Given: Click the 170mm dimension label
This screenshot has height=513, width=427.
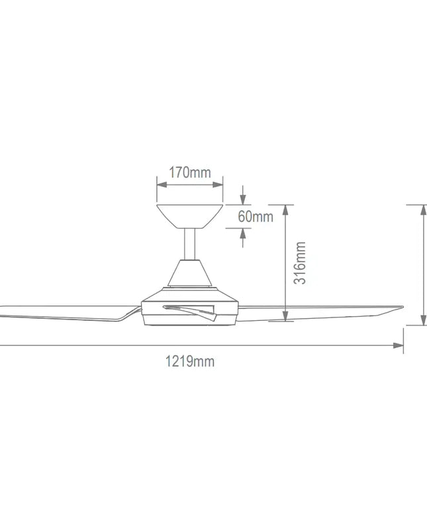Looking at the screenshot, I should point(189,173).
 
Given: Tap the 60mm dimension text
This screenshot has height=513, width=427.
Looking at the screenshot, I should point(256,217).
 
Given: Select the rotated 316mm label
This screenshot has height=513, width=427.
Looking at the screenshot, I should point(300,263).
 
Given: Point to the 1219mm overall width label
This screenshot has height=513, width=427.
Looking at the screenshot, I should point(189,361).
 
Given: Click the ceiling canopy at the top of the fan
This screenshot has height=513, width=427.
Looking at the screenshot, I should point(189,214).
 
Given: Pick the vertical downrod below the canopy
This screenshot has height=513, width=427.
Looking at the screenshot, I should point(189,243).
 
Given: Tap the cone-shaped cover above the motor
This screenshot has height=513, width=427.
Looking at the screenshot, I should point(189,273).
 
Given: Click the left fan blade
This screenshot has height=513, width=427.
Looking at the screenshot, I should point(60,312).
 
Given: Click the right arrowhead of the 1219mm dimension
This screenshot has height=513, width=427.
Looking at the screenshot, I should point(399,345).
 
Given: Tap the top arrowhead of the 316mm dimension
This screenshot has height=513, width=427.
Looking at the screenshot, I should point(285,209).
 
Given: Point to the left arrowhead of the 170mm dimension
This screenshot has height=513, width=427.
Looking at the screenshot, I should point(160,186).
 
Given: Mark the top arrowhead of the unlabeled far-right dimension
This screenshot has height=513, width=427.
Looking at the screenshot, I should point(422,209).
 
